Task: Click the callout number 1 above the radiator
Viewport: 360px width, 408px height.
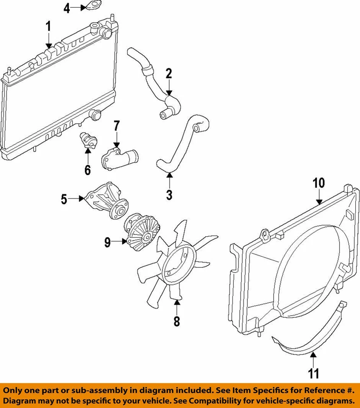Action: pyautogui.click(x=48, y=27)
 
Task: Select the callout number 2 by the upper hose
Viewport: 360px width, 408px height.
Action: pyautogui.click(x=169, y=74)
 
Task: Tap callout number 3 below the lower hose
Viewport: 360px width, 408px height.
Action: pyautogui.click(x=169, y=195)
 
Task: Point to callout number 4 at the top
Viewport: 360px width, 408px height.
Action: pyautogui.click(x=67, y=8)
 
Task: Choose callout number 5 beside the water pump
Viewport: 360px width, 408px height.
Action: pyautogui.click(x=64, y=198)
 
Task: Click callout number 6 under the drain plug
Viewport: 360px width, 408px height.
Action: pyautogui.click(x=88, y=170)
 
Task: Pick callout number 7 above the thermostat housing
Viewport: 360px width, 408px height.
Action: pyautogui.click(x=116, y=126)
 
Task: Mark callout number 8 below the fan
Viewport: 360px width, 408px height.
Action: pyautogui.click(x=176, y=321)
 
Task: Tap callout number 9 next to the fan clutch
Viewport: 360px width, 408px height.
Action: pyautogui.click(x=108, y=242)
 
